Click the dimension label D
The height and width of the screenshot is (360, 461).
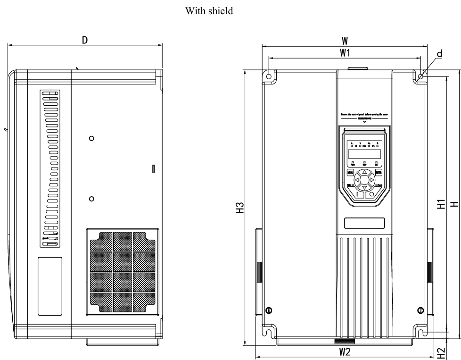[84, 40]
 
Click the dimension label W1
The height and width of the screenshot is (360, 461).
[345, 53]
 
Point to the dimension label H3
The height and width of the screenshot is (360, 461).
[240, 208]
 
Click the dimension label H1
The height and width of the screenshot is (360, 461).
[440, 204]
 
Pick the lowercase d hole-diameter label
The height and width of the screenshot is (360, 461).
[439, 54]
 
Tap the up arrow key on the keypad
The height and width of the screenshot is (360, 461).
[364, 172]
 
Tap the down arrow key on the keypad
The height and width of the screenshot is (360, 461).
[364, 187]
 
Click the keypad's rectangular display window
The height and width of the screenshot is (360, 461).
[364, 154]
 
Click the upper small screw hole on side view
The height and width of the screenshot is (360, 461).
[92, 138]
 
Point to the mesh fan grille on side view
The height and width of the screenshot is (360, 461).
[122, 272]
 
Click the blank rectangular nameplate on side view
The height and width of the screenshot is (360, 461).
[50, 286]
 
